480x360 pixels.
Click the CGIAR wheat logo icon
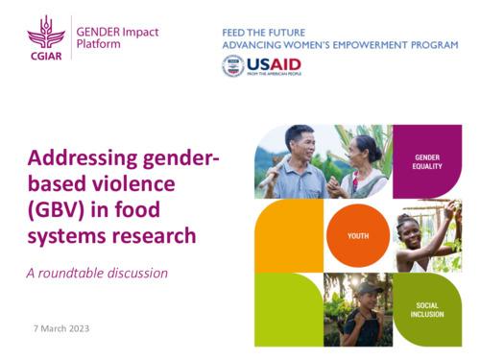pos(45,36)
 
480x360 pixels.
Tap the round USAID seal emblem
pos(232,66)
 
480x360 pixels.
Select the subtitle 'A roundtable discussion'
pos(97,273)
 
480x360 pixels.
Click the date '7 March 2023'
pos(61,328)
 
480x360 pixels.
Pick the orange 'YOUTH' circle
pos(357,235)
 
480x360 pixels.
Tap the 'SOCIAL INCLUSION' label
pos(426,309)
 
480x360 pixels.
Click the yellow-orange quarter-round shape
pos(288,235)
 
